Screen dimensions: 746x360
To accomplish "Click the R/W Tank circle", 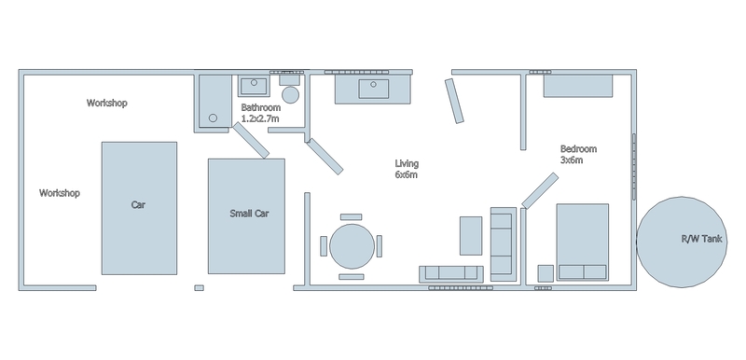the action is (682, 242).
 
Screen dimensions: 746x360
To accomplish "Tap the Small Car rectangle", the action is (246, 216).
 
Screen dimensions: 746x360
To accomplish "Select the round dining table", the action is (352, 246).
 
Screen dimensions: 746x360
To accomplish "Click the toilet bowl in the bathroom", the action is (290, 94).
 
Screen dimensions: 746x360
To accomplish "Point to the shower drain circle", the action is (214, 118).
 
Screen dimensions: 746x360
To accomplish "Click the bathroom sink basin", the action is (254, 86).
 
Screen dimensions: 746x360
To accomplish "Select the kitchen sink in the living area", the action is (374, 89).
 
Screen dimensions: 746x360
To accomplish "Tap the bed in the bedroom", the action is (583, 242).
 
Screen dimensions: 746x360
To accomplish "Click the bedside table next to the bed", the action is (546, 273).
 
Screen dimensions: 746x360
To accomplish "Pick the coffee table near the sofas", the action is (471, 235).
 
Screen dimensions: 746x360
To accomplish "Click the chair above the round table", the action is (352, 217).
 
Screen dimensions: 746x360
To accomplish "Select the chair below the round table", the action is (352, 276).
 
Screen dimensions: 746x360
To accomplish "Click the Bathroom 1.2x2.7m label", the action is (260, 113).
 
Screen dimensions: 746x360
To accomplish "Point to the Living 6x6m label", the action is (407, 169).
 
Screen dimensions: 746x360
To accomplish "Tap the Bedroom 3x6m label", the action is (578, 154).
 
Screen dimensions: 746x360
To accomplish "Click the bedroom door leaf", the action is (540, 190).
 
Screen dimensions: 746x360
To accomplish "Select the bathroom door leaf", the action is (251, 140).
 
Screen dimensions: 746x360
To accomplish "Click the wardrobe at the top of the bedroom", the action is (578, 86).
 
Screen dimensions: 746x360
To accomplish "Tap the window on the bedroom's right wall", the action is (634, 167).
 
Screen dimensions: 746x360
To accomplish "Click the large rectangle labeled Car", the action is (139, 208).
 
